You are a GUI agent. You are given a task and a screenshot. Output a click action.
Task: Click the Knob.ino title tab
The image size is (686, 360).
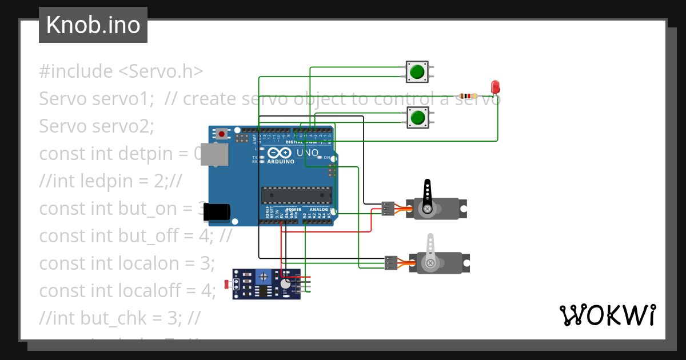93,25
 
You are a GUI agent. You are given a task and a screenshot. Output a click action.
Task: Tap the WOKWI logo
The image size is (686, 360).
607,315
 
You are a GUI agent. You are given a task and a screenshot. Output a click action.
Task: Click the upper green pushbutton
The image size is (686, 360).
417,71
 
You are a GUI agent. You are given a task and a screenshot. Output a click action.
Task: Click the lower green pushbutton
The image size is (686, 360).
417,118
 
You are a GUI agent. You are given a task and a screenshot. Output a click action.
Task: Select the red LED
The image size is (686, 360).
496,87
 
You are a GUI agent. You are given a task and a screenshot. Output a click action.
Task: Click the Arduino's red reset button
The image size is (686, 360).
221,134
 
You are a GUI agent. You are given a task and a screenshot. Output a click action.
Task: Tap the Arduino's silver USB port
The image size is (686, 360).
215,154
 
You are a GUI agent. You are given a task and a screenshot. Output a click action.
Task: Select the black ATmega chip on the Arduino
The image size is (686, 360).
296,195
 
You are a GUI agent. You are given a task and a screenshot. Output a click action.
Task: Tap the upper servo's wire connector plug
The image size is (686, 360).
389,209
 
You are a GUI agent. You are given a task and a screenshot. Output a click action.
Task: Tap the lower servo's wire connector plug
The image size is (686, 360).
392,262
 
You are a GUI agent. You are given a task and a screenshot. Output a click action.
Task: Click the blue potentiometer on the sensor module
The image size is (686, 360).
263,277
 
